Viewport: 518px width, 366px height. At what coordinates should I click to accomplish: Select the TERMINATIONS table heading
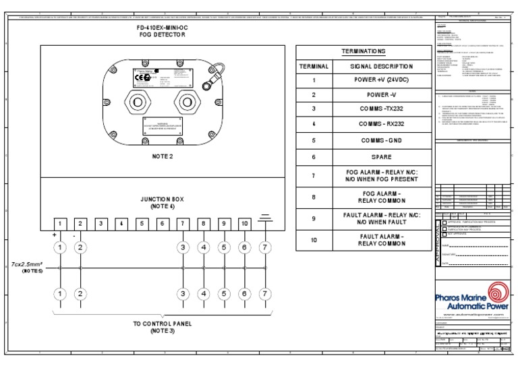(x=364, y=51)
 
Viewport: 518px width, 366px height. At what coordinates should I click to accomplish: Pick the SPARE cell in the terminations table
(x=381, y=156)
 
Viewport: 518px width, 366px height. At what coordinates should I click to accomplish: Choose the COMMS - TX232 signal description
(x=381, y=109)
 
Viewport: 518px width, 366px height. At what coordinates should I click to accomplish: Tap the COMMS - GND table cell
(x=381, y=141)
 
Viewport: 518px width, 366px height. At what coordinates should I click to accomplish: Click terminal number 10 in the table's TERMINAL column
(x=314, y=241)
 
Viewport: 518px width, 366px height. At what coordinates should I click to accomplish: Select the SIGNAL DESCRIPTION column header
(x=381, y=67)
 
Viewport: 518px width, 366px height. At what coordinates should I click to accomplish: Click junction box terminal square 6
(x=162, y=223)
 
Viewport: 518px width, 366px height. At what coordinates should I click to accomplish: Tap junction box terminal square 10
(x=244, y=223)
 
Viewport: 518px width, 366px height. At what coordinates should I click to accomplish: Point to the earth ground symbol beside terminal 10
(x=265, y=218)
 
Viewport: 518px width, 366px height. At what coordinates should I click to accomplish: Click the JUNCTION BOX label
(x=162, y=200)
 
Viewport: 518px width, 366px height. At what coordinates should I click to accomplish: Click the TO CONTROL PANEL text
(x=162, y=324)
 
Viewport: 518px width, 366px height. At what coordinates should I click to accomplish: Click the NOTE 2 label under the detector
(x=162, y=156)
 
